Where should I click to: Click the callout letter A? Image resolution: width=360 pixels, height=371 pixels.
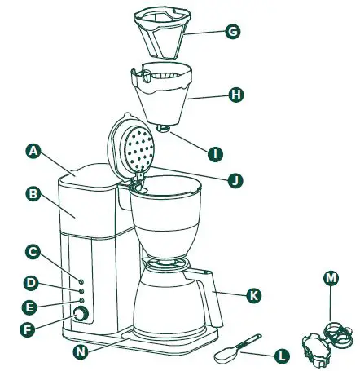(33, 151)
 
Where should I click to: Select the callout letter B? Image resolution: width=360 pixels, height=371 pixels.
(33, 195)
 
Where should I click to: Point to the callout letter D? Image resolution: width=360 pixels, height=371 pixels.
(30, 283)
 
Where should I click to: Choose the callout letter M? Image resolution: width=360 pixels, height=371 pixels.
(331, 279)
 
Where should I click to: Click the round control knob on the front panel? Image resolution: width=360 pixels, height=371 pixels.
(81, 315)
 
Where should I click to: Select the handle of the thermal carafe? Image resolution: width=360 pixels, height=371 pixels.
(213, 298)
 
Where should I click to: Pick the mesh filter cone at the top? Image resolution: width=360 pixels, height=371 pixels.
(167, 37)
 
